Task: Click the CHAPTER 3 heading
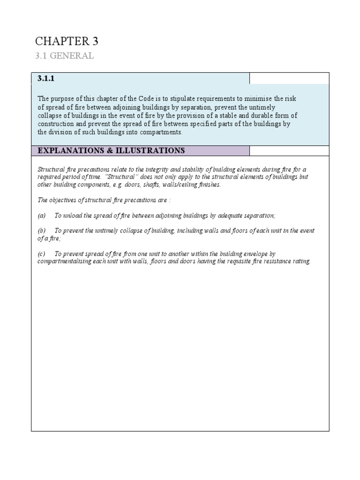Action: pyautogui.click(x=67, y=41)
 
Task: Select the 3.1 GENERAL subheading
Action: pyautogui.click(x=65, y=56)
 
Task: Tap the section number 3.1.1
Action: pyautogui.click(x=46, y=79)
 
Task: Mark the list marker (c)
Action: pyautogui.click(x=41, y=254)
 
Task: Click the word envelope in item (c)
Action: pyautogui.click(x=256, y=254)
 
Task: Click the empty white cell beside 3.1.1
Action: pyautogui.click(x=289, y=78)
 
